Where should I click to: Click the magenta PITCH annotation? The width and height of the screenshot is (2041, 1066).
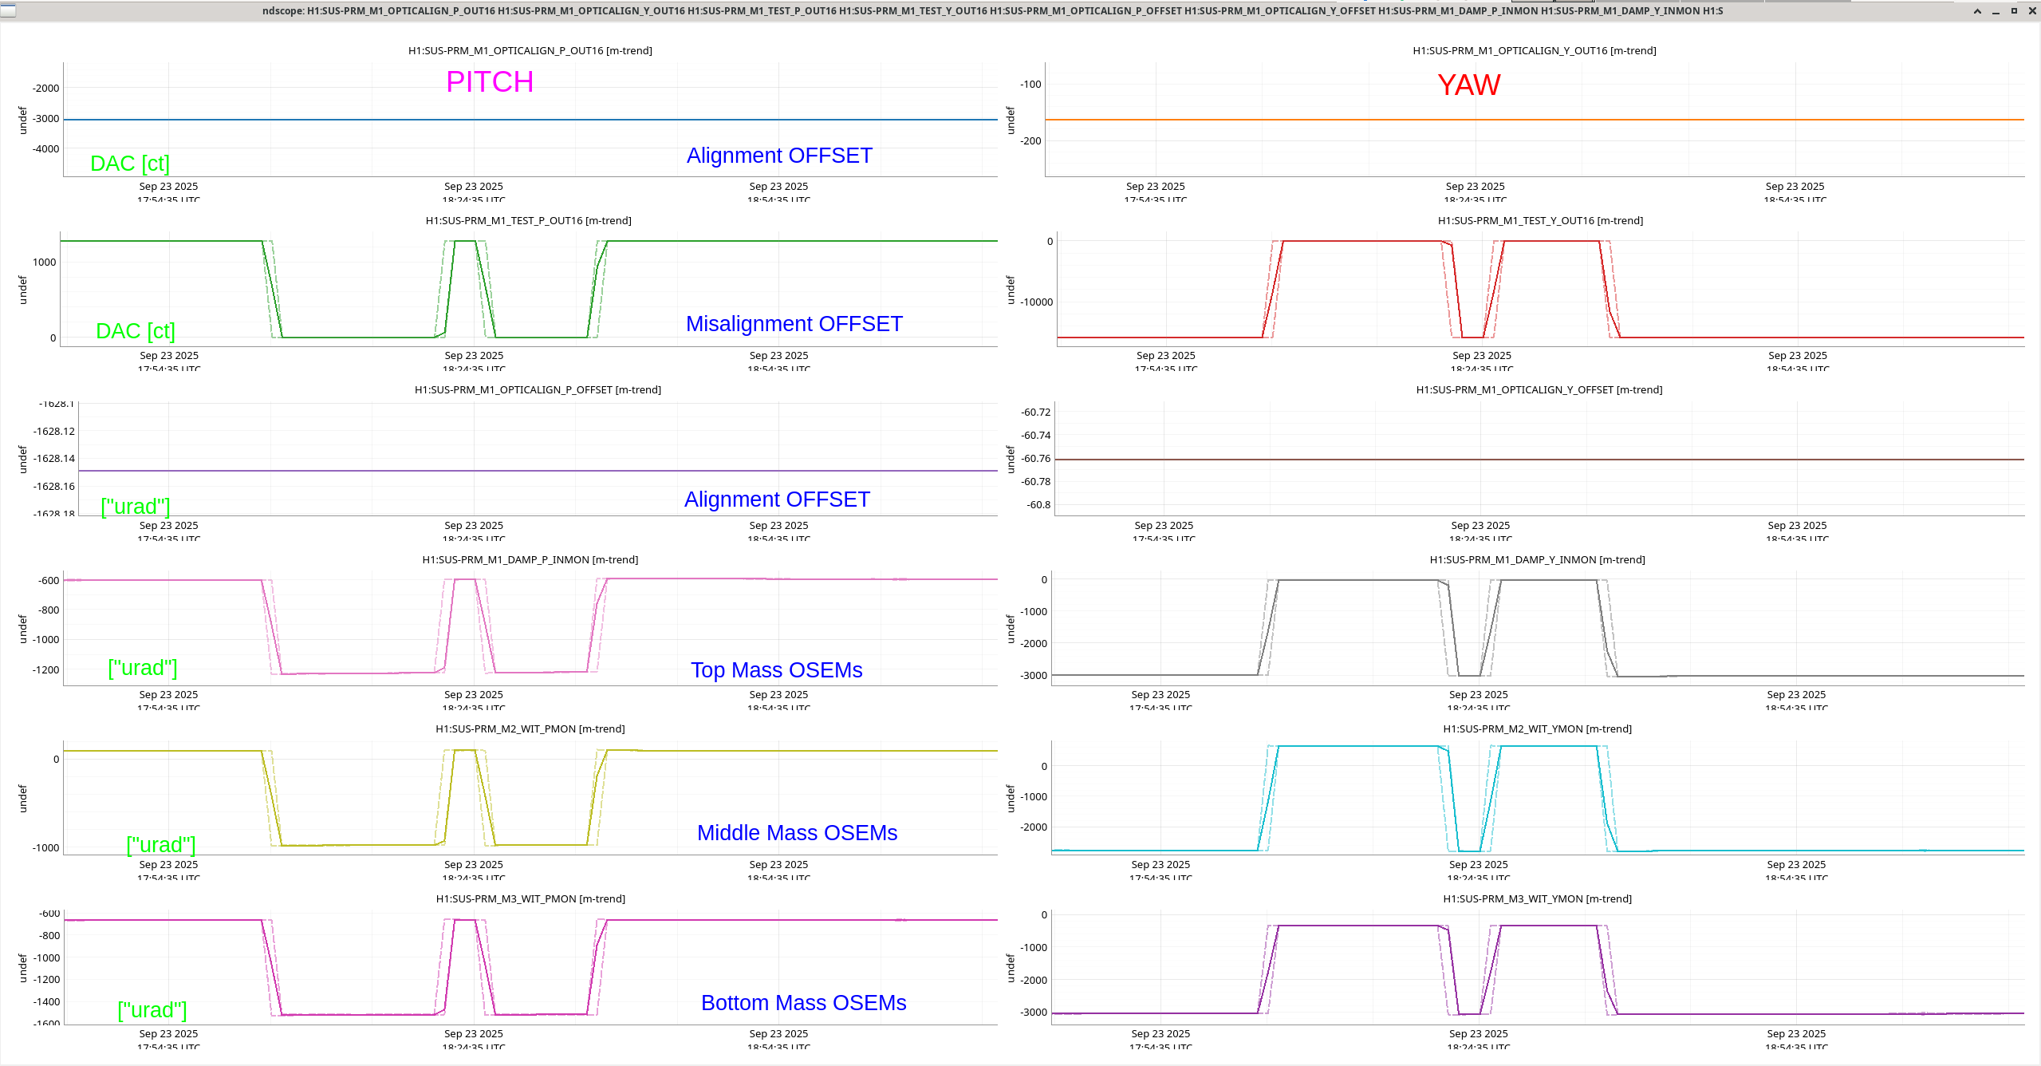[x=490, y=82]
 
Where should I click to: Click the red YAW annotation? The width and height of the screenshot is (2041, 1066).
[x=1468, y=85]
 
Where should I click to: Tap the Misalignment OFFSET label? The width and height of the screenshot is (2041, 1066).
[x=794, y=324]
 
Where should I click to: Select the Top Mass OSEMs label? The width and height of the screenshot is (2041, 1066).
[x=776, y=670]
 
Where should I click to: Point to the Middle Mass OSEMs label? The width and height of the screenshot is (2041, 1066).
[x=797, y=833]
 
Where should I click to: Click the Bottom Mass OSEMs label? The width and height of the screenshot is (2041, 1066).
[x=803, y=1003]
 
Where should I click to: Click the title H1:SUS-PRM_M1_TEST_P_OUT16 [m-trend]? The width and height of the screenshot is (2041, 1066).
[x=528, y=220]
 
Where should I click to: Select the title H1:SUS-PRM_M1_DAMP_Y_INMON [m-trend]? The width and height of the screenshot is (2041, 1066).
[x=1537, y=559]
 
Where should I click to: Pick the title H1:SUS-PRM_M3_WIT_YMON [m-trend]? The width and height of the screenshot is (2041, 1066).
[x=1537, y=898]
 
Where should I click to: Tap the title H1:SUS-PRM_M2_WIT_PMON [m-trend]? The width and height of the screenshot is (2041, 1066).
[x=530, y=728]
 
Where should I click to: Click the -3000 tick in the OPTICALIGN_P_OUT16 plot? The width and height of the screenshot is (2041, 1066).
[x=46, y=119]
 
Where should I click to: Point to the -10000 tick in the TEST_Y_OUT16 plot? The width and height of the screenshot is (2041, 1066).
[x=1036, y=302]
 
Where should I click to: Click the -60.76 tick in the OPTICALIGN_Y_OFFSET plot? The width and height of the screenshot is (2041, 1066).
[x=1036, y=459]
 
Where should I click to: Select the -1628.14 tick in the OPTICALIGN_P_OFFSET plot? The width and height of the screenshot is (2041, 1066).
[x=53, y=459]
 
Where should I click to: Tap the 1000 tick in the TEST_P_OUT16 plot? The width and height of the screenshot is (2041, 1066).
[x=45, y=263]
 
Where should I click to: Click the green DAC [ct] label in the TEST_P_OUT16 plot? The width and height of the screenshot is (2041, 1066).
[x=135, y=331]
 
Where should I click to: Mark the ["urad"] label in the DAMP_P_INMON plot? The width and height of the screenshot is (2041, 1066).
[x=142, y=668]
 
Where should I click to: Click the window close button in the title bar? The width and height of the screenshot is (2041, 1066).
[x=2032, y=10]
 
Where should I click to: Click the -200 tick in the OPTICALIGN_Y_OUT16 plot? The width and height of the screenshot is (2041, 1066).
[x=1031, y=141]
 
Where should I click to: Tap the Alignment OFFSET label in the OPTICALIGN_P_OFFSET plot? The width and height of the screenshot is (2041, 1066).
[x=777, y=499]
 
